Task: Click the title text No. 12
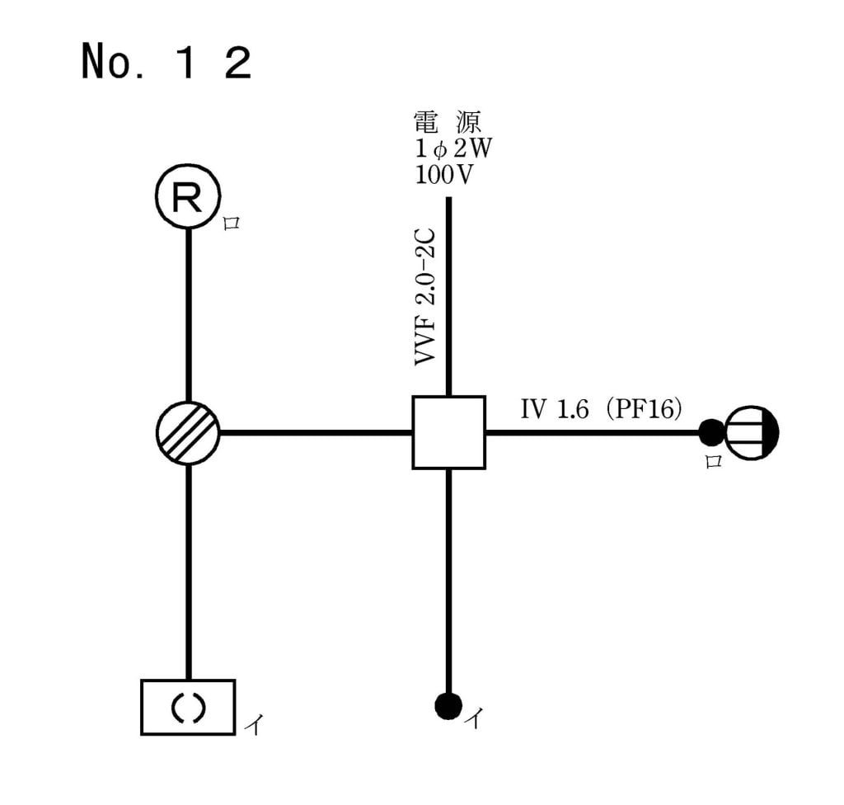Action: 166,62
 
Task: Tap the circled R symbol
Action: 188,199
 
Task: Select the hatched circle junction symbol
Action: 188,432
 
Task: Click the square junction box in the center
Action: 448,432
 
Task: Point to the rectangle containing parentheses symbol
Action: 188,707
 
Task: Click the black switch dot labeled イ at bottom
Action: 448,705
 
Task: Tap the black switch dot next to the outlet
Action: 710,431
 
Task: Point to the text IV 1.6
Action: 554,410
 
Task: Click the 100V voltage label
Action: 445,176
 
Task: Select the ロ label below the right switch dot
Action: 713,461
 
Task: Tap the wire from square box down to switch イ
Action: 448,577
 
